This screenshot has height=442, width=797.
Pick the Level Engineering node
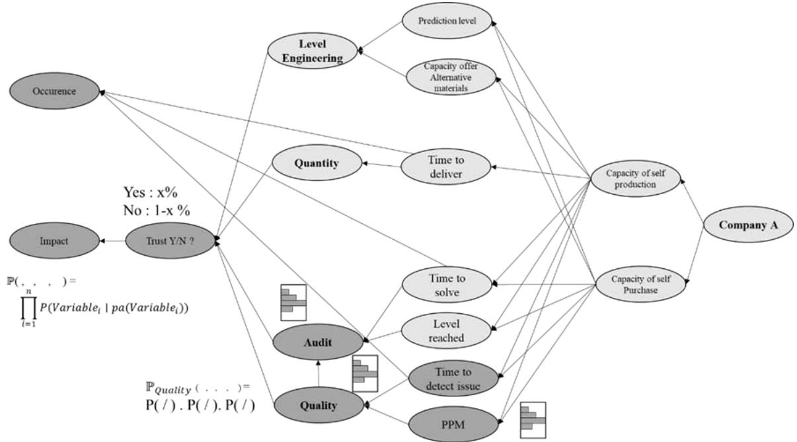point(313,51)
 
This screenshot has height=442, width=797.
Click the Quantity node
point(318,163)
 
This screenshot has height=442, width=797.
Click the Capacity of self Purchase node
point(639,284)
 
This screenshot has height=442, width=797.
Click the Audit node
point(318,344)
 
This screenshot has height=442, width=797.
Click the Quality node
point(318,405)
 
